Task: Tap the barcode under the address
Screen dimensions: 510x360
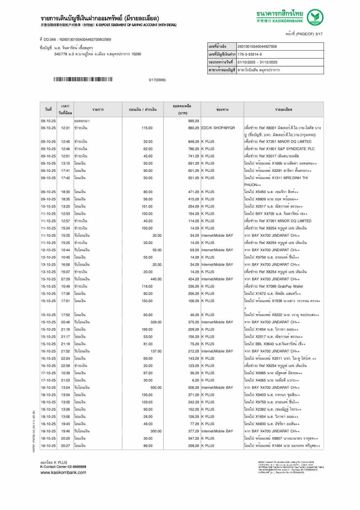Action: (x=83, y=79)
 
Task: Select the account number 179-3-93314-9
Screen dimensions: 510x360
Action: (x=250, y=54)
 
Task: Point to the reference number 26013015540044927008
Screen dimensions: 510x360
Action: (x=257, y=47)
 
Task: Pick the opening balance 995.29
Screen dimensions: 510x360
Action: (x=194, y=121)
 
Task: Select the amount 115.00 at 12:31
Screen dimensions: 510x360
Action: (x=147, y=128)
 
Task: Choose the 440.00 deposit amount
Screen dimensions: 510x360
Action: (x=156, y=279)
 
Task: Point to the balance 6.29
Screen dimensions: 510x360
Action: (x=196, y=380)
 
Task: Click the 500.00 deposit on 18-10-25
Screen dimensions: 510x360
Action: (x=156, y=388)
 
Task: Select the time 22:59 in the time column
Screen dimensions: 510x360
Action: (x=65, y=366)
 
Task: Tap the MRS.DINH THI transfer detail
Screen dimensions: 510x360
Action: (x=276, y=178)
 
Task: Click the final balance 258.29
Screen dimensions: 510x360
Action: (x=194, y=446)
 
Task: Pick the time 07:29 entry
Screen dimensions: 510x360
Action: (x=65, y=279)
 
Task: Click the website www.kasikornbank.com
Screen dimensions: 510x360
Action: (x=63, y=472)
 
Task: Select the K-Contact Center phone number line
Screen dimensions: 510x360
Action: (x=63, y=467)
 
